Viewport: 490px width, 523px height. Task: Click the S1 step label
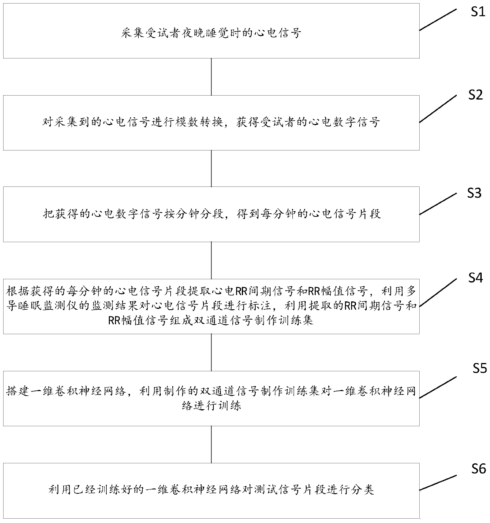click(478, 12)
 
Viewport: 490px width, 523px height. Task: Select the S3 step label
click(474, 193)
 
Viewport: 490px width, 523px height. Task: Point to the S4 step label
click(475, 278)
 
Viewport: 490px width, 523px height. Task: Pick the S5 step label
click(480, 368)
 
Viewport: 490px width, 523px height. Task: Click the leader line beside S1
click(438, 19)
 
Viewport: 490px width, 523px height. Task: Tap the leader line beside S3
click(438, 204)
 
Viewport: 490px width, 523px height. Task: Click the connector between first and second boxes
click(211, 77)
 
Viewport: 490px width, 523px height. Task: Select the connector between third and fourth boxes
click(211, 260)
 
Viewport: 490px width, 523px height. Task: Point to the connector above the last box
click(211, 444)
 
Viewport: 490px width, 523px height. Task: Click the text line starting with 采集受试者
click(211, 33)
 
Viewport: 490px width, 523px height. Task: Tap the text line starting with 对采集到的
click(211, 122)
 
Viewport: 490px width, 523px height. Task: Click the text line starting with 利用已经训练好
click(211, 490)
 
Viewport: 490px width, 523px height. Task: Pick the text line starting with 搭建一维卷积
click(211, 391)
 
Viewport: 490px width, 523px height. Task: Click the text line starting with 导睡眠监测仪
click(211, 306)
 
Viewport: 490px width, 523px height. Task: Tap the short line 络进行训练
click(211, 406)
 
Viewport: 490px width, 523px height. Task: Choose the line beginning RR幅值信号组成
click(211, 320)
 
